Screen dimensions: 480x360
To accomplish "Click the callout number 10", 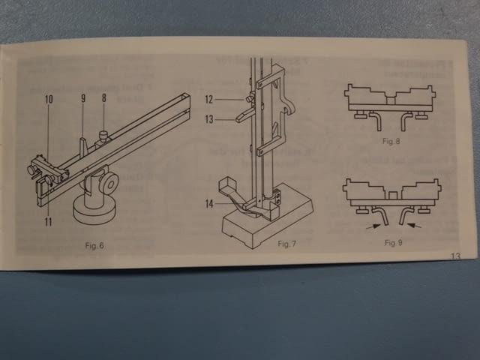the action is click(49, 99).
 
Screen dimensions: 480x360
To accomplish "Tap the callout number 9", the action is click(83, 98).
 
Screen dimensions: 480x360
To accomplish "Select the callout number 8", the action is click(104, 98).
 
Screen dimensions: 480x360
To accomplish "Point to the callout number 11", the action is click(48, 222).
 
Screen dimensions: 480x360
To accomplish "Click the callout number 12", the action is click(209, 100).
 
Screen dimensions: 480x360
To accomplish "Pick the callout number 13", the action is click(209, 119).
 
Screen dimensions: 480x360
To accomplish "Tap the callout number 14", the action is click(209, 204).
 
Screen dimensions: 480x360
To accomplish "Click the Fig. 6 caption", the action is click(94, 245).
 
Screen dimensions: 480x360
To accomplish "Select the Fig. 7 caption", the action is click(286, 244).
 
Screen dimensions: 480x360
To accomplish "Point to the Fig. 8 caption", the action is click(391, 141).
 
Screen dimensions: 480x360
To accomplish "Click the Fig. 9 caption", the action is click(393, 243).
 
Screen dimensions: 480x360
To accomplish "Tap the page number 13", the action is click(456, 256).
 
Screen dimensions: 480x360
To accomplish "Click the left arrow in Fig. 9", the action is click(373, 226).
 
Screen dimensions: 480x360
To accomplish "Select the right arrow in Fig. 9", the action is click(414, 226).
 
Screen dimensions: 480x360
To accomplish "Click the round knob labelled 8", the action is click(104, 134).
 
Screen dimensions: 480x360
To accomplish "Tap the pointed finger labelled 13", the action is click(244, 115).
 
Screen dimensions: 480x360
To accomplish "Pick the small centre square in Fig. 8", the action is click(390, 100).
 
